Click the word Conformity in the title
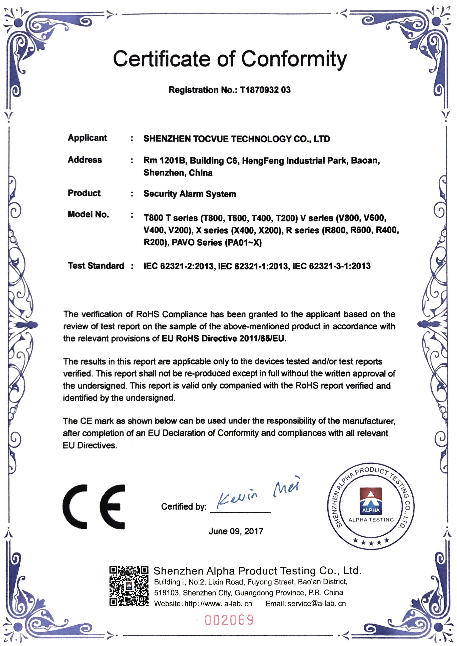pos(294,59)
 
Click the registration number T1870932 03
pos(265,90)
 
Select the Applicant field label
pos(87,138)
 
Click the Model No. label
pos(88,214)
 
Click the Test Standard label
pos(96,266)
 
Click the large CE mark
pos(94,507)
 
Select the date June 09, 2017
pos(236,531)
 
